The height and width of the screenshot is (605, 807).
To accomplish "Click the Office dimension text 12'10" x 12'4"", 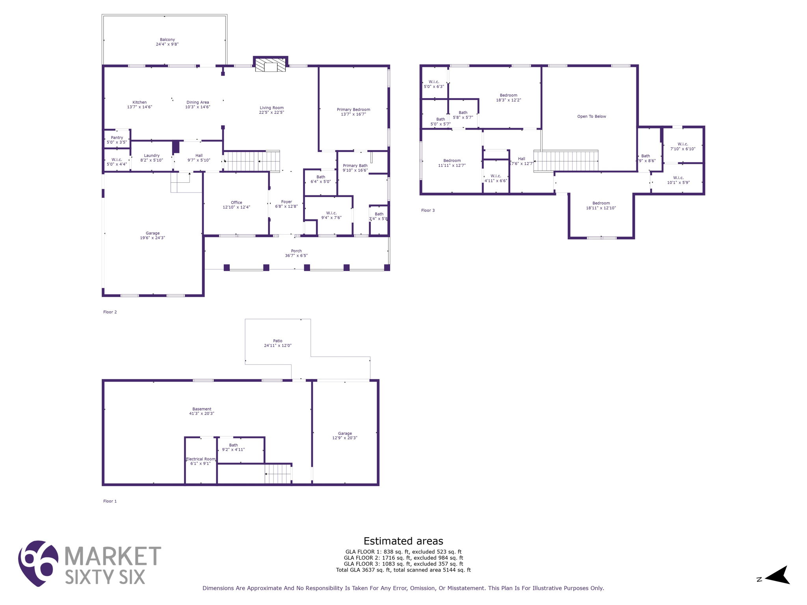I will click(236, 207).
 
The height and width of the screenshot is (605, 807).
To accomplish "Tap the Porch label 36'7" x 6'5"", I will click(296, 253).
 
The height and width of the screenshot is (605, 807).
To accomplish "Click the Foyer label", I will click(286, 202).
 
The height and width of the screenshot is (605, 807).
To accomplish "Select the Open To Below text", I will click(591, 117).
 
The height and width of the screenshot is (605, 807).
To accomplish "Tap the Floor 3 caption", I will click(428, 210).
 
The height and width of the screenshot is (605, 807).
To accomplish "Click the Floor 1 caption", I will click(110, 501).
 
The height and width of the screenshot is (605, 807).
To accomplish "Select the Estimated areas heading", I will click(403, 541).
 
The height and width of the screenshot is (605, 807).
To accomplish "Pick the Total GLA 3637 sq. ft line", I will click(403, 570).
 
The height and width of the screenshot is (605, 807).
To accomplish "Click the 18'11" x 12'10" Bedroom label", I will click(601, 206).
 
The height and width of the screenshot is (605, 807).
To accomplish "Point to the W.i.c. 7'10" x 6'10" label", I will click(682, 147).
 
